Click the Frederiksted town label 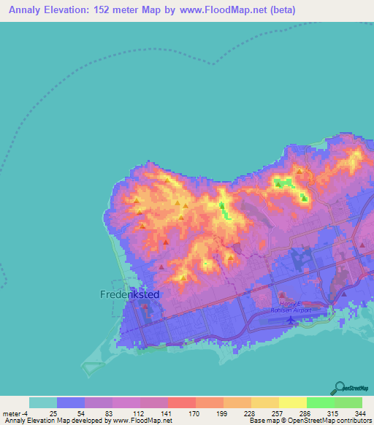[x=129, y=294]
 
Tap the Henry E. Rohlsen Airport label [x=295, y=307]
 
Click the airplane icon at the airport [x=291, y=318]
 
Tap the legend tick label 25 [x=53, y=413]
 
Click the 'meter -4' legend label [x=16, y=413]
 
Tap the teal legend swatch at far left [x=42, y=402]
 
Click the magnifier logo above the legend [x=340, y=387]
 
